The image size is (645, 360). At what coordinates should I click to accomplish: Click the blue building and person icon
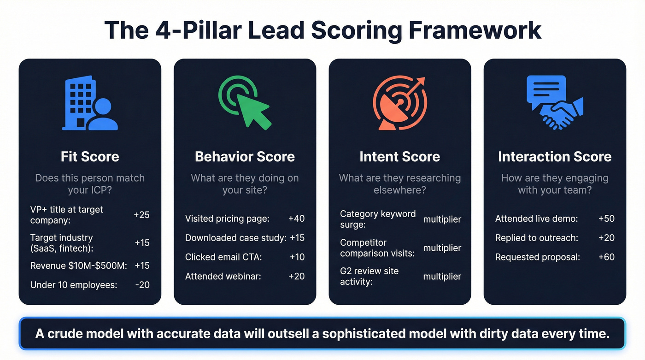(x=90, y=103)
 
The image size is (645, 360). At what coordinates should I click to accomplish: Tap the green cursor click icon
(x=245, y=102)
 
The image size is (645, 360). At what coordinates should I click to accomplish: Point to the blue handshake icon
(x=555, y=102)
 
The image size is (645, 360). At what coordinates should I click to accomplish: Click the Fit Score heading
(x=90, y=157)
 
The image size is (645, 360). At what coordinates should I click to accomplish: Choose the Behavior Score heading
(x=245, y=157)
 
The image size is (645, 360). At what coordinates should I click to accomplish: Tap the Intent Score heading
(x=400, y=157)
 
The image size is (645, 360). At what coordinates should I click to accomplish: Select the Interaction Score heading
(x=555, y=157)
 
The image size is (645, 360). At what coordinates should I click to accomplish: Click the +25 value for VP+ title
(x=141, y=215)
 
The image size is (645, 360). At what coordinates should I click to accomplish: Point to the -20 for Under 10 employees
(x=142, y=285)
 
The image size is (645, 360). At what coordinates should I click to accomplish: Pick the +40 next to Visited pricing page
(x=297, y=218)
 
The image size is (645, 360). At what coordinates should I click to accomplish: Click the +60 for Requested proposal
(x=606, y=257)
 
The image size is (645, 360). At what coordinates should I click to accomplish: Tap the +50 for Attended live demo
(x=606, y=218)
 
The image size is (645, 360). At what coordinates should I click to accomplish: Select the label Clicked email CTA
(x=223, y=257)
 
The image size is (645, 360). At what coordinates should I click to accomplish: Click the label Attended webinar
(x=223, y=276)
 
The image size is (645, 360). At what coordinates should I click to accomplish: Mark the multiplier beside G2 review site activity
(x=442, y=277)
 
